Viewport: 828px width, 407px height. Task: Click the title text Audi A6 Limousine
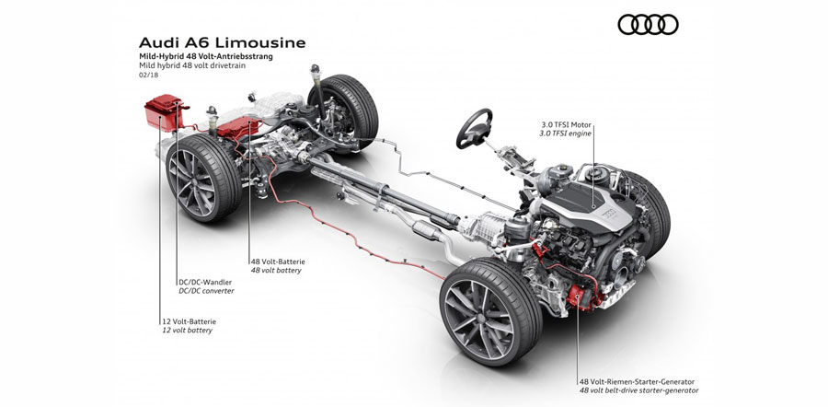(x=222, y=42)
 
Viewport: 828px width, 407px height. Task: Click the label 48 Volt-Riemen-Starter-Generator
(x=638, y=380)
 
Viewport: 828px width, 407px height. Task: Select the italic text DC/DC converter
(x=206, y=291)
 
